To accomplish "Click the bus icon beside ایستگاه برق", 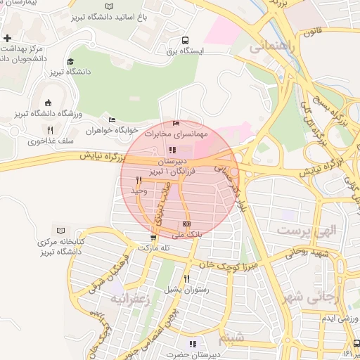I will [185, 40].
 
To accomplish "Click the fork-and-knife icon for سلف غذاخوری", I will [50, 130].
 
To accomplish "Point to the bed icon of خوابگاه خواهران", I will [111, 120].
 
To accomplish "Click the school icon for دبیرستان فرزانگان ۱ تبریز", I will [173, 149].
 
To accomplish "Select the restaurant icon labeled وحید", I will [139, 181].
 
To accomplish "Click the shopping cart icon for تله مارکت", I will [153, 238].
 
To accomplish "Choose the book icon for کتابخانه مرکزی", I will [60, 231].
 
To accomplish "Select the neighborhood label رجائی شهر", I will [314, 297].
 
